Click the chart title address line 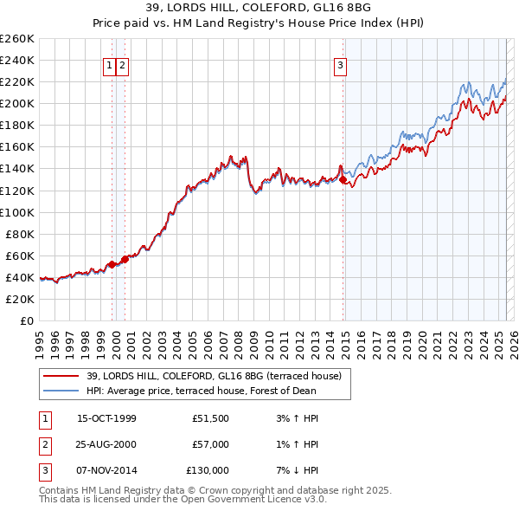coord(259,8)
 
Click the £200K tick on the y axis coord(16,103)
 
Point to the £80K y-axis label coord(19,234)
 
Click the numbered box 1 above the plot coord(110,65)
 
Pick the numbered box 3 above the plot coord(340,65)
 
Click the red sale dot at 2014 coord(343,179)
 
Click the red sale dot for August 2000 coord(125,259)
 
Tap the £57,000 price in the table coord(208,444)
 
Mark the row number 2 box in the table coord(44,444)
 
